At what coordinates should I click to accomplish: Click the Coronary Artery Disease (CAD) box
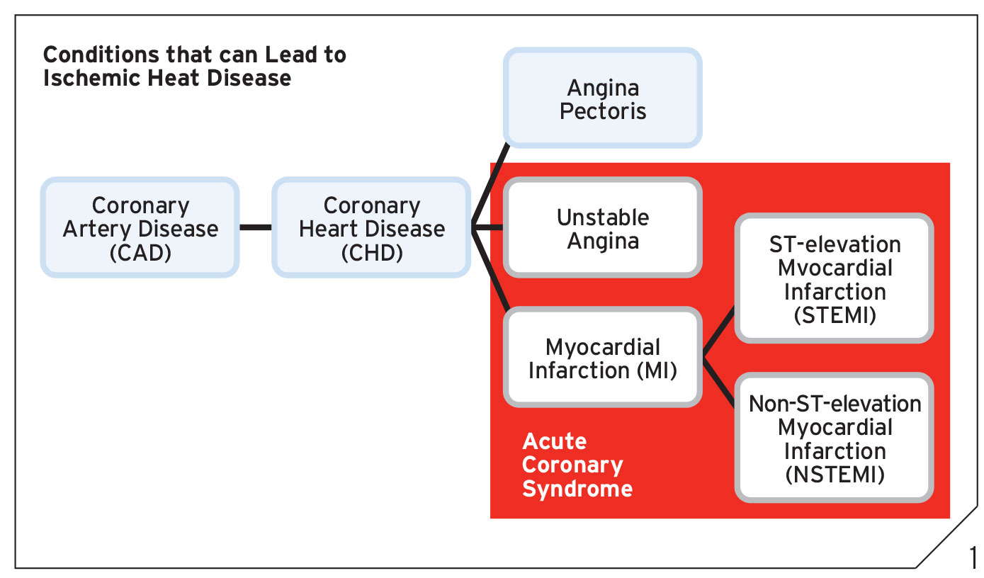140,227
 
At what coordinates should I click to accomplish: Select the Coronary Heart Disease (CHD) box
371,227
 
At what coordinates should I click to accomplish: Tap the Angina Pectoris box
603,98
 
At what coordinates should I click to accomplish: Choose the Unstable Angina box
603,227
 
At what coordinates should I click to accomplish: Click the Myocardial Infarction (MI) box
603,357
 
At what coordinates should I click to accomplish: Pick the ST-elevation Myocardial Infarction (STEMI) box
835,278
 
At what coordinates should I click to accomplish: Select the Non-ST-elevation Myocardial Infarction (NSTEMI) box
835,438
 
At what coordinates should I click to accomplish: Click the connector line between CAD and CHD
256,227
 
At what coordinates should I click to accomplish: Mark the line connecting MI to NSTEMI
718,380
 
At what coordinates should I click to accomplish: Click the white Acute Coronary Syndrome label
577,465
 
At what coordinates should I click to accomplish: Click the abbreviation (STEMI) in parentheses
835,314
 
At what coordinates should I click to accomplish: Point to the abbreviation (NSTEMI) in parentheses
835,475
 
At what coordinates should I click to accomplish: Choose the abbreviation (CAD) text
140,252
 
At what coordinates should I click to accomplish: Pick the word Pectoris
603,111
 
